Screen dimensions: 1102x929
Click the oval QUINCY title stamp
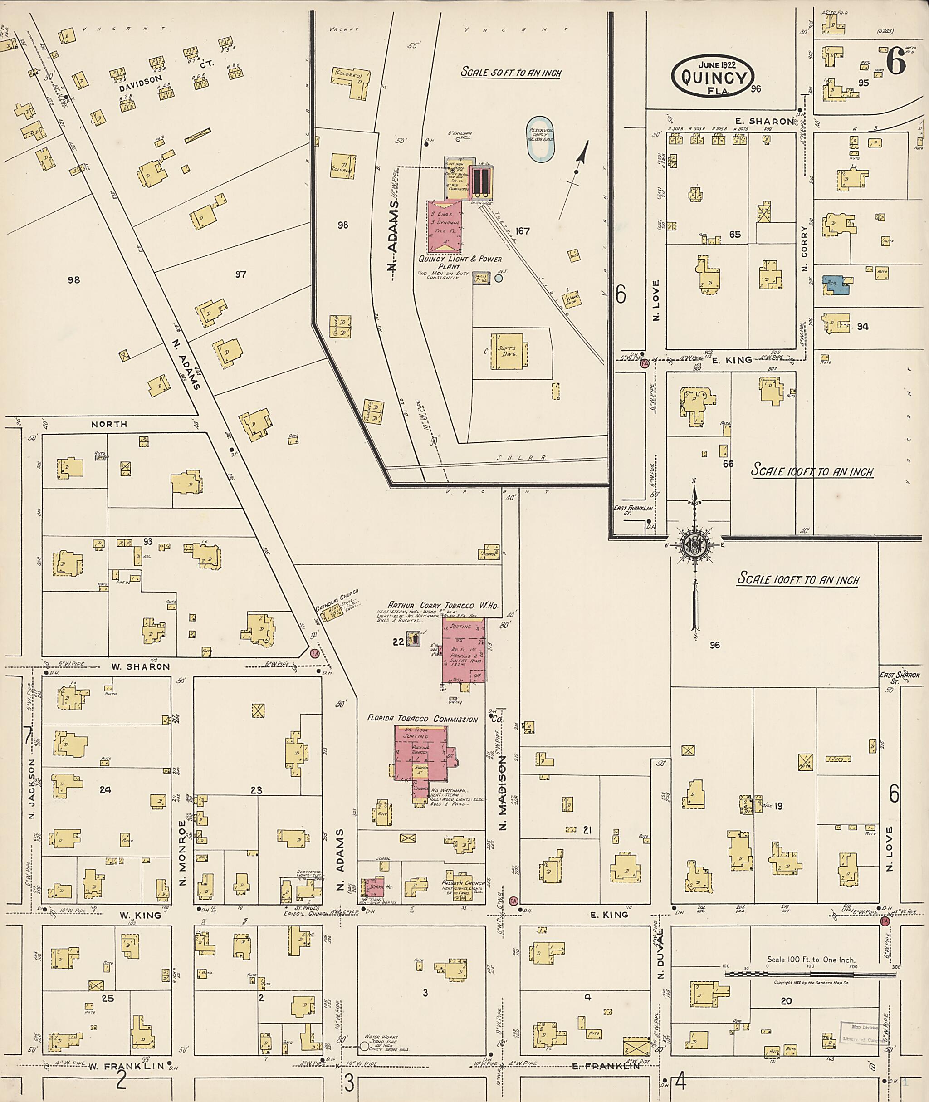pos(713,76)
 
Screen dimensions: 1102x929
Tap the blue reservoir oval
pos(540,138)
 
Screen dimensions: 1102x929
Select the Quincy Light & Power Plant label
pos(460,262)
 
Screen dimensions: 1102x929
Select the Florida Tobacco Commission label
pos(422,719)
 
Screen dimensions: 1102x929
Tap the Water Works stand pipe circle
pos(364,1047)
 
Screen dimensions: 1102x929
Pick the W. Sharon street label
pos(140,666)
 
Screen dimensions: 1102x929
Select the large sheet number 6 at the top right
pos(895,62)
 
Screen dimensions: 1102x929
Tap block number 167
pos(523,231)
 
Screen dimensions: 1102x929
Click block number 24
pos(105,789)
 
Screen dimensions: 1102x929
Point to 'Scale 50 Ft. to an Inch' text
pos(511,72)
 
